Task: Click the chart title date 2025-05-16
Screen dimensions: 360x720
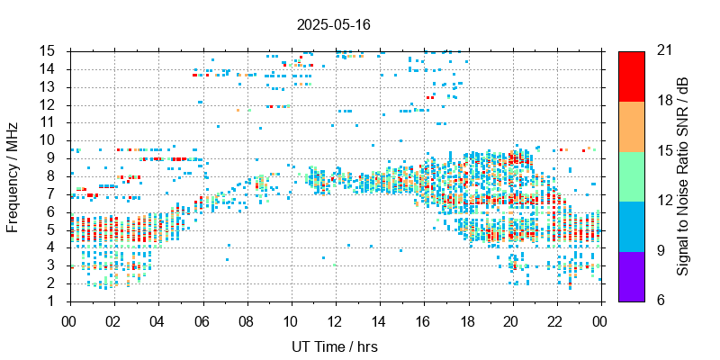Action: click(x=333, y=24)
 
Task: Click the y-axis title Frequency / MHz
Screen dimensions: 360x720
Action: click(x=13, y=175)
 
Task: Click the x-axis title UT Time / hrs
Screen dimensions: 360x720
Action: click(x=334, y=346)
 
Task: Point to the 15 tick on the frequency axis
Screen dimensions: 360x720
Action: click(x=51, y=50)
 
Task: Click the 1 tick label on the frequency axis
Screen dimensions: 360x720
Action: click(x=55, y=301)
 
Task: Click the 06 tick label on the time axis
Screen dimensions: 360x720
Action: click(x=202, y=319)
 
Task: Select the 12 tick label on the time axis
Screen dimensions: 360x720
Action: click(x=335, y=319)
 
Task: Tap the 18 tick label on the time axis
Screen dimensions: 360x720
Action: click(x=467, y=319)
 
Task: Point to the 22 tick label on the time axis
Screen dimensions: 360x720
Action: click(x=555, y=319)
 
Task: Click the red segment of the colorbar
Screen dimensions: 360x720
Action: click(x=631, y=76)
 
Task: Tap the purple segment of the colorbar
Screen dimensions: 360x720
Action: click(x=631, y=275)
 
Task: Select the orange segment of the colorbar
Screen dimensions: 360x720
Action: click(x=631, y=125)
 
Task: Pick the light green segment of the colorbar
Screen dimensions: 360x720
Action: click(x=631, y=175)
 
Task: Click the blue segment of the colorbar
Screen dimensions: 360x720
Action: click(x=631, y=225)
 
